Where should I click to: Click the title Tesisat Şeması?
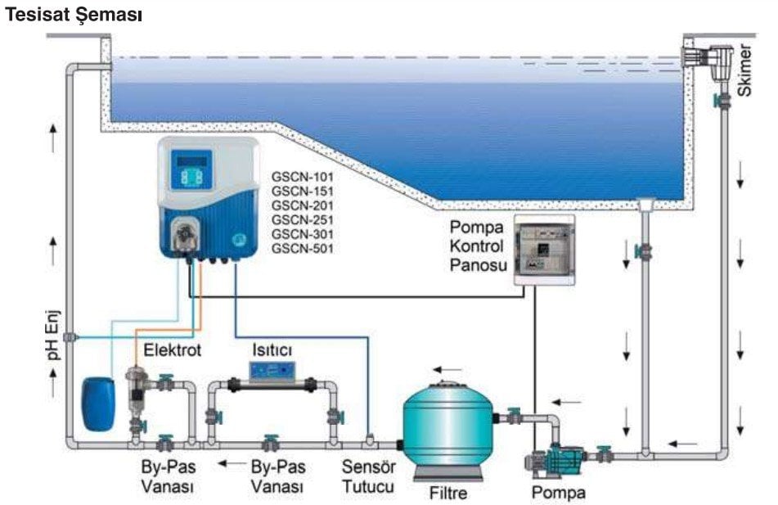(74, 16)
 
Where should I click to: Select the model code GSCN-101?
(303, 176)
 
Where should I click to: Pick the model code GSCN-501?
(303, 247)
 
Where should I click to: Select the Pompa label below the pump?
(559, 493)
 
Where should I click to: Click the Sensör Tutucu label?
(368, 477)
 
